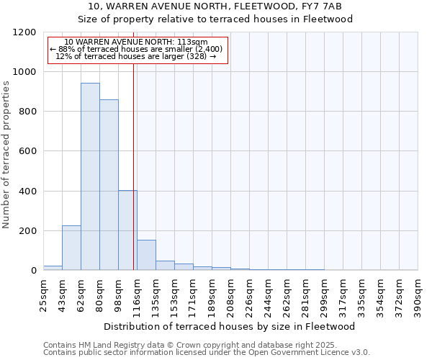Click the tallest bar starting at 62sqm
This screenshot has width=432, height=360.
[90, 176]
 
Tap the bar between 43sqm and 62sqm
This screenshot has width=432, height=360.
[71, 248]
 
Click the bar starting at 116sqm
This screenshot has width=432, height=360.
[146, 255]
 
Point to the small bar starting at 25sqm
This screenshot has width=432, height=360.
[53, 268]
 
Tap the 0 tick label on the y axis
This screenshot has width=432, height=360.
[33, 271]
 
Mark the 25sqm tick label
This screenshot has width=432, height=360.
[43, 294]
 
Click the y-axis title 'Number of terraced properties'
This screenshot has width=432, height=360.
[6, 154]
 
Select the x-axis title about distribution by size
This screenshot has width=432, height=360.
[230, 326]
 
